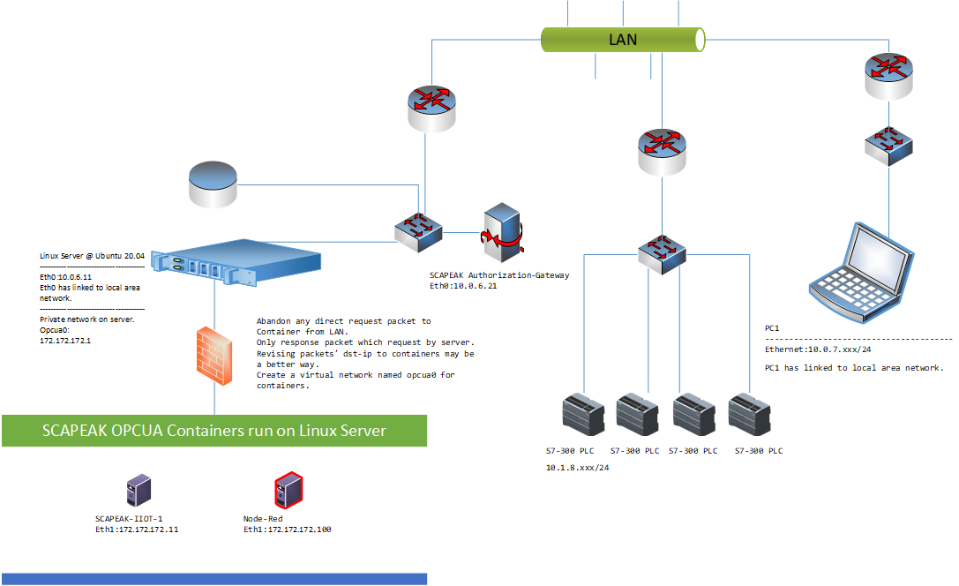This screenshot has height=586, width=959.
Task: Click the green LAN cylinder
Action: tap(623, 40)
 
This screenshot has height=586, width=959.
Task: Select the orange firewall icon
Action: tap(214, 356)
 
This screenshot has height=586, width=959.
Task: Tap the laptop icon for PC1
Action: tap(861, 272)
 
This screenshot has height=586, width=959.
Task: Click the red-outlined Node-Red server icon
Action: tap(288, 490)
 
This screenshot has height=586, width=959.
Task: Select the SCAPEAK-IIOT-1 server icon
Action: tap(139, 490)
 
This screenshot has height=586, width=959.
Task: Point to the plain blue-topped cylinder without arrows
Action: tap(213, 184)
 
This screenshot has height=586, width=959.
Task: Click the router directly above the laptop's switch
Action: tap(888, 77)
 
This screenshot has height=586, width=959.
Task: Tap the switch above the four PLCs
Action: tap(662, 254)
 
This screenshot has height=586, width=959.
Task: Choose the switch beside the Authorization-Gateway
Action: tap(418, 232)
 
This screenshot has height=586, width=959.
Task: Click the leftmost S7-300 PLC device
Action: tap(583, 416)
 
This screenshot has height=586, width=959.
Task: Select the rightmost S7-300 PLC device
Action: tap(750, 416)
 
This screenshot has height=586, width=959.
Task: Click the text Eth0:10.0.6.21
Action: tap(463, 286)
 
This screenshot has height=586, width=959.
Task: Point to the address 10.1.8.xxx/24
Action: tap(577, 468)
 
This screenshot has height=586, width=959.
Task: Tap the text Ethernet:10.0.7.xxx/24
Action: tap(818, 349)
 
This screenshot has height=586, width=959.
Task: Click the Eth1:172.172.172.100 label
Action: tap(288, 530)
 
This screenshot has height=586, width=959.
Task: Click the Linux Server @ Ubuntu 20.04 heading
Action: tap(93, 256)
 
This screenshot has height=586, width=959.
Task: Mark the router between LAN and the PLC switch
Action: tap(662, 152)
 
